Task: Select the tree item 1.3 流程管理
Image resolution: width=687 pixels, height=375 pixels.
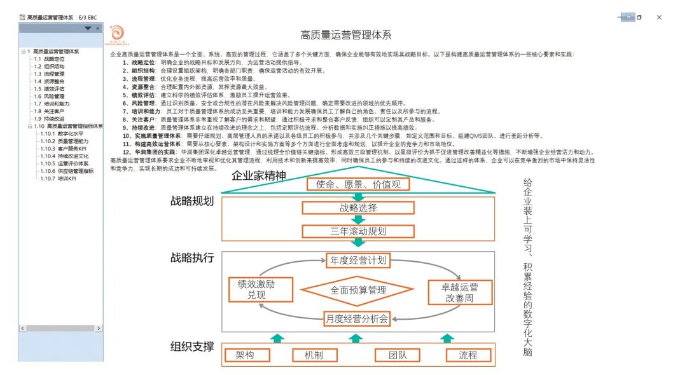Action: click(x=49, y=74)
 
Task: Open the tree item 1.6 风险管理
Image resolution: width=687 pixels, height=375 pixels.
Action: click(x=49, y=96)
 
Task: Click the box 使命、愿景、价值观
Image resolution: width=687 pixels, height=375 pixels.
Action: click(x=358, y=184)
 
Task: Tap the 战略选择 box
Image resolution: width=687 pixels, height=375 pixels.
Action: click(x=358, y=208)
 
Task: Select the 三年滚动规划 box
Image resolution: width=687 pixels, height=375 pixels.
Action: click(x=358, y=231)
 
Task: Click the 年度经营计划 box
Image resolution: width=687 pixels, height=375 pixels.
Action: click(x=358, y=260)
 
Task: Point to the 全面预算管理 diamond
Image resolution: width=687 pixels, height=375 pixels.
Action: click(x=358, y=290)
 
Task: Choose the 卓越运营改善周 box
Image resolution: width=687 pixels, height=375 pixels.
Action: click(x=460, y=292)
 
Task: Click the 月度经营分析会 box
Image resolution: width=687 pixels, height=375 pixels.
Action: click(x=358, y=317)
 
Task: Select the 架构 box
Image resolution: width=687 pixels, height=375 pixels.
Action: click(x=249, y=355)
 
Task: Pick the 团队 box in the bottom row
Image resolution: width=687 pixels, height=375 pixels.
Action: click(x=399, y=355)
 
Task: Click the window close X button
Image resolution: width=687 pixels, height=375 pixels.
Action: click(x=659, y=17)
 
